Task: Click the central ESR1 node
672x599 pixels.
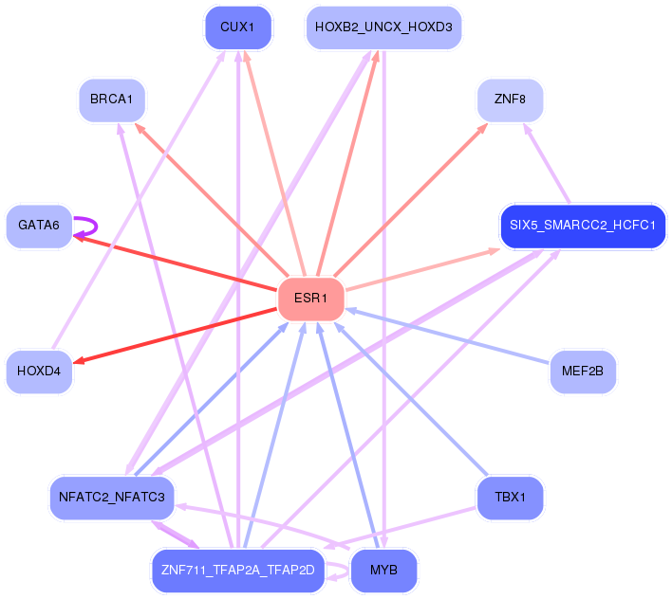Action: pyautogui.click(x=311, y=299)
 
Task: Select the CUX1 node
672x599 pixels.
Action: pyautogui.click(x=238, y=27)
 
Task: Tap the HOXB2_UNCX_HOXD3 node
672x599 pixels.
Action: pyautogui.click(x=383, y=27)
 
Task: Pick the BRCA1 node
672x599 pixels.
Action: pyautogui.click(x=112, y=100)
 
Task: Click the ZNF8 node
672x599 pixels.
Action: pyautogui.click(x=510, y=100)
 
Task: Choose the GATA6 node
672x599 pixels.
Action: pyautogui.click(x=39, y=226)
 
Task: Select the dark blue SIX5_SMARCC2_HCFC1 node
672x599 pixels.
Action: pyautogui.click(x=583, y=226)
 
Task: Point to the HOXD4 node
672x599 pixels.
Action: pyautogui.click(x=39, y=372)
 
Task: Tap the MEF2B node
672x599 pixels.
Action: pyautogui.click(x=583, y=372)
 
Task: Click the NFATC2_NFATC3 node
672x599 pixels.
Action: pyautogui.click(x=112, y=498)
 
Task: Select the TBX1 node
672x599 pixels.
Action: pyautogui.click(x=510, y=498)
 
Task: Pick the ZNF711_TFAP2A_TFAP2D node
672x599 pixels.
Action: pyautogui.click(x=238, y=571)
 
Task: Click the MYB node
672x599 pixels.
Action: pyautogui.click(x=383, y=571)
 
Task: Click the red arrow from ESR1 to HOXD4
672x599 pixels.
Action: pyautogui.click(x=175, y=336)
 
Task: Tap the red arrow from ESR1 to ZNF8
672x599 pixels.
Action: pyautogui.click(x=411, y=200)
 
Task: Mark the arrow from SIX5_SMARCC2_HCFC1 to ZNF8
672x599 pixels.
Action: pyautogui.click(x=547, y=163)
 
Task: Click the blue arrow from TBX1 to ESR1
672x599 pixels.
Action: pyautogui.click(x=411, y=399)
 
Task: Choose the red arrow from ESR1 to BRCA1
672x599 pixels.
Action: pyautogui.click(x=212, y=200)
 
